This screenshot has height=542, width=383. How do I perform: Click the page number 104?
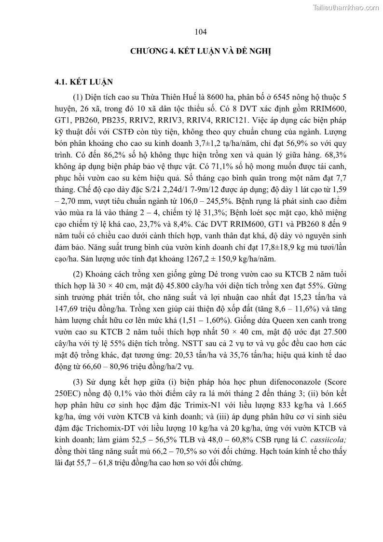[201, 32]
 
